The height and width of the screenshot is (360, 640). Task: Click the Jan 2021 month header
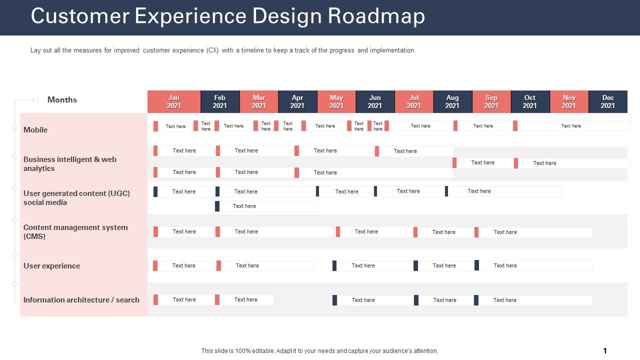(x=173, y=101)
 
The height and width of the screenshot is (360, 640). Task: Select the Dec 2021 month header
(x=607, y=101)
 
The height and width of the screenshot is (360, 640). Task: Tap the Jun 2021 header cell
(x=375, y=101)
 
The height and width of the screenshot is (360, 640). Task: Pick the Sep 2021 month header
(x=491, y=101)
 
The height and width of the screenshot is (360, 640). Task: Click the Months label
(x=62, y=99)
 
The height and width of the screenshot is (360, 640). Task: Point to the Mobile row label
(x=35, y=130)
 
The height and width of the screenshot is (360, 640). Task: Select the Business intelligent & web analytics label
(x=69, y=163)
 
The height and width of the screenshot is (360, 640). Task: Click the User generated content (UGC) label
(x=76, y=197)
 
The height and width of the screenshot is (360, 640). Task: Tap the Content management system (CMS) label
(x=75, y=231)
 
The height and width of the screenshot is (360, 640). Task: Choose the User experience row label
(x=51, y=266)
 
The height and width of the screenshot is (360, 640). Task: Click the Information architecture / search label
(x=81, y=300)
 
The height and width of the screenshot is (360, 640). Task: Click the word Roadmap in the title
(x=376, y=16)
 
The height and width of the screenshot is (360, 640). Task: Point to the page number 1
(x=605, y=351)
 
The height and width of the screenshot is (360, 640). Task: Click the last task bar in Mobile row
(x=571, y=126)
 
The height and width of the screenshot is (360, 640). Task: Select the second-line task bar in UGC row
(x=266, y=206)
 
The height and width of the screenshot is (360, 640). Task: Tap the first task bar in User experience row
(x=183, y=265)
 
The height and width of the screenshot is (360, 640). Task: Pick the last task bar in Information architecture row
(x=532, y=300)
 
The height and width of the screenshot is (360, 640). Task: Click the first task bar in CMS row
(x=183, y=231)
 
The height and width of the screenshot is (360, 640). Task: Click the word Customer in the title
(x=79, y=16)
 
